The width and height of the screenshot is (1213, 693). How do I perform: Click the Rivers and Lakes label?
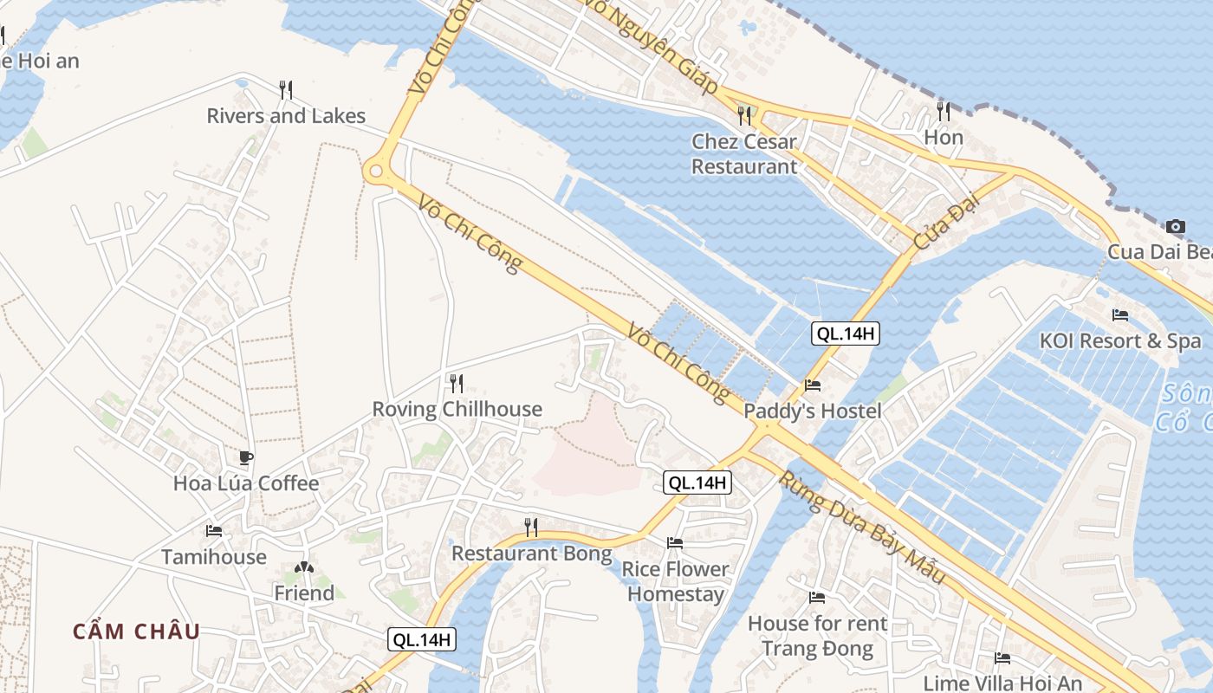pos(286,115)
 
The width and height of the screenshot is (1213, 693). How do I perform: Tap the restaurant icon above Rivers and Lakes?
pos(286,89)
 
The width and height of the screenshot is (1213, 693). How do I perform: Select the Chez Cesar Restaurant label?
pos(744,153)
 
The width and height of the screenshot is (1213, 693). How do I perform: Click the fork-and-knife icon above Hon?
pos(944,111)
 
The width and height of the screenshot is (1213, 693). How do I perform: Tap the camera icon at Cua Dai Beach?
pos(1176,226)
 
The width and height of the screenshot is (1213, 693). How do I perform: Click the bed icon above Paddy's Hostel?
pos(813,385)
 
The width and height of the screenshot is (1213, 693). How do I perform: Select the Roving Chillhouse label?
pos(457,409)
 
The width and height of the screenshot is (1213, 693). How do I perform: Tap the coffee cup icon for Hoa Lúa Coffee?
pos(246,457)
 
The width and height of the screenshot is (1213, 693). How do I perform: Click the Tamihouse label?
pos(214,556)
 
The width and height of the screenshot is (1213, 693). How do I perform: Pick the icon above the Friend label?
pos(303,568)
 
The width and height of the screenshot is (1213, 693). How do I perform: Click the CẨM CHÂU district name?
pos(136,631)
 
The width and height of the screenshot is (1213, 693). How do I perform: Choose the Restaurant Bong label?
pos(531,553)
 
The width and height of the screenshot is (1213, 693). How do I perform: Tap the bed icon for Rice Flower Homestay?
pos(675,543)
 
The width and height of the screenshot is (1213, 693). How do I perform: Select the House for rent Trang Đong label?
pos(817,636)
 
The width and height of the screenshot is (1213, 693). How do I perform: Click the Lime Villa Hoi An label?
pos(1002,683)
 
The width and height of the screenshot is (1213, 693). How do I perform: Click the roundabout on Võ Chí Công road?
pos(377,172)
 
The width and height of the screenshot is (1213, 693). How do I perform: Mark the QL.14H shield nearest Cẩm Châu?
pos(422,640)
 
